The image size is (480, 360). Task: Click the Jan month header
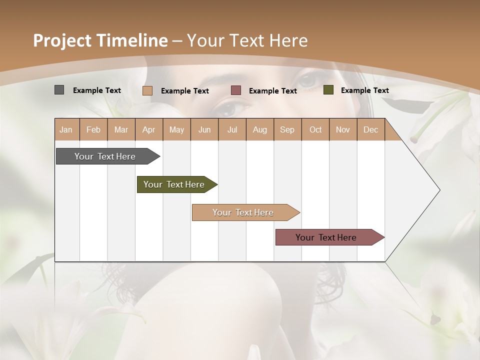[66, 129]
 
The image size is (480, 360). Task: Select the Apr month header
[148, 129]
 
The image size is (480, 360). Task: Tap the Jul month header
[232, 129]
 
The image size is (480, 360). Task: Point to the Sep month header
[287, 129]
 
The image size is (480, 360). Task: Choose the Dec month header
[370, 129]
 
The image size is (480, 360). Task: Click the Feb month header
[93, 129]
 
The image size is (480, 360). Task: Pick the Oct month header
[315, 129]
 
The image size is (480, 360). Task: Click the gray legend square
[59, 90]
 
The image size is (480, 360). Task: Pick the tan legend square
[147, 90]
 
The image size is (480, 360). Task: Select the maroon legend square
[236, 90]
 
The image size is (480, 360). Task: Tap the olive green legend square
[328, 90]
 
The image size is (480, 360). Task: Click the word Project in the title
[62, 40]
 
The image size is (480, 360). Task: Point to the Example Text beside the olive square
[364, 90]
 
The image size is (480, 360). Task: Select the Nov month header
[343, 129]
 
